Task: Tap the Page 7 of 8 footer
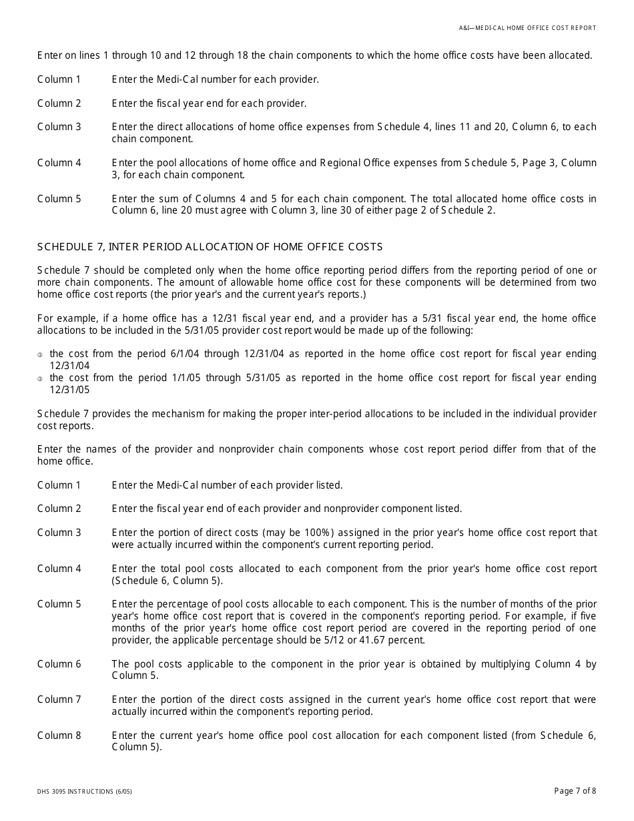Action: coord(575,791)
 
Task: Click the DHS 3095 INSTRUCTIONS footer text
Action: coord(85,792)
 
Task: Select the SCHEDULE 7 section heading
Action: coord(210,247)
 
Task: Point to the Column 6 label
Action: coord(59,664)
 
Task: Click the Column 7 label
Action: coord(59,700)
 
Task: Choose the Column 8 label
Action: coord(59,736)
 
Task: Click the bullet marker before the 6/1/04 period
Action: coord(40,354)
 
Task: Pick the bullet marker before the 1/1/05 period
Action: coord(40,378)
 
